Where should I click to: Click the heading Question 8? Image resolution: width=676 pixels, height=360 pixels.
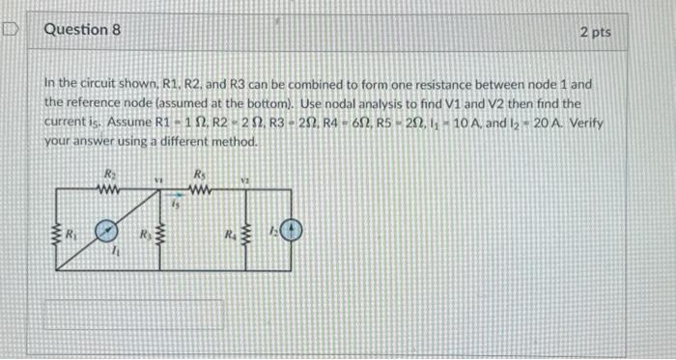82,30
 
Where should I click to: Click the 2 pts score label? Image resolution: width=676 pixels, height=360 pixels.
595,32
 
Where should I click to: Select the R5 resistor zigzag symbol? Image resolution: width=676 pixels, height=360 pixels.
197,187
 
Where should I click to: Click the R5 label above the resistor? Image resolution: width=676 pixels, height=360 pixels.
199,175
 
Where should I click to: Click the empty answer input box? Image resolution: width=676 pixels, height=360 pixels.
134,316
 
